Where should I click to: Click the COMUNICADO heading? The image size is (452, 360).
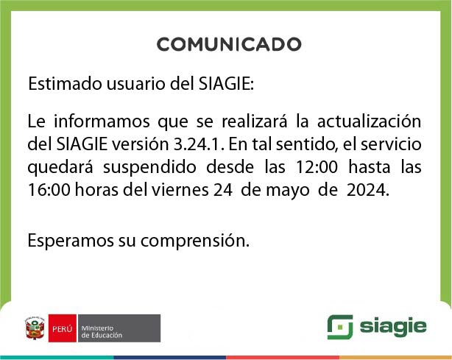click(229, 45)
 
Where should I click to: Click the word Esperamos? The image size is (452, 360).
click(68, 240)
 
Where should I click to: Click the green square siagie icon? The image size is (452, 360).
click(339, 327)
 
